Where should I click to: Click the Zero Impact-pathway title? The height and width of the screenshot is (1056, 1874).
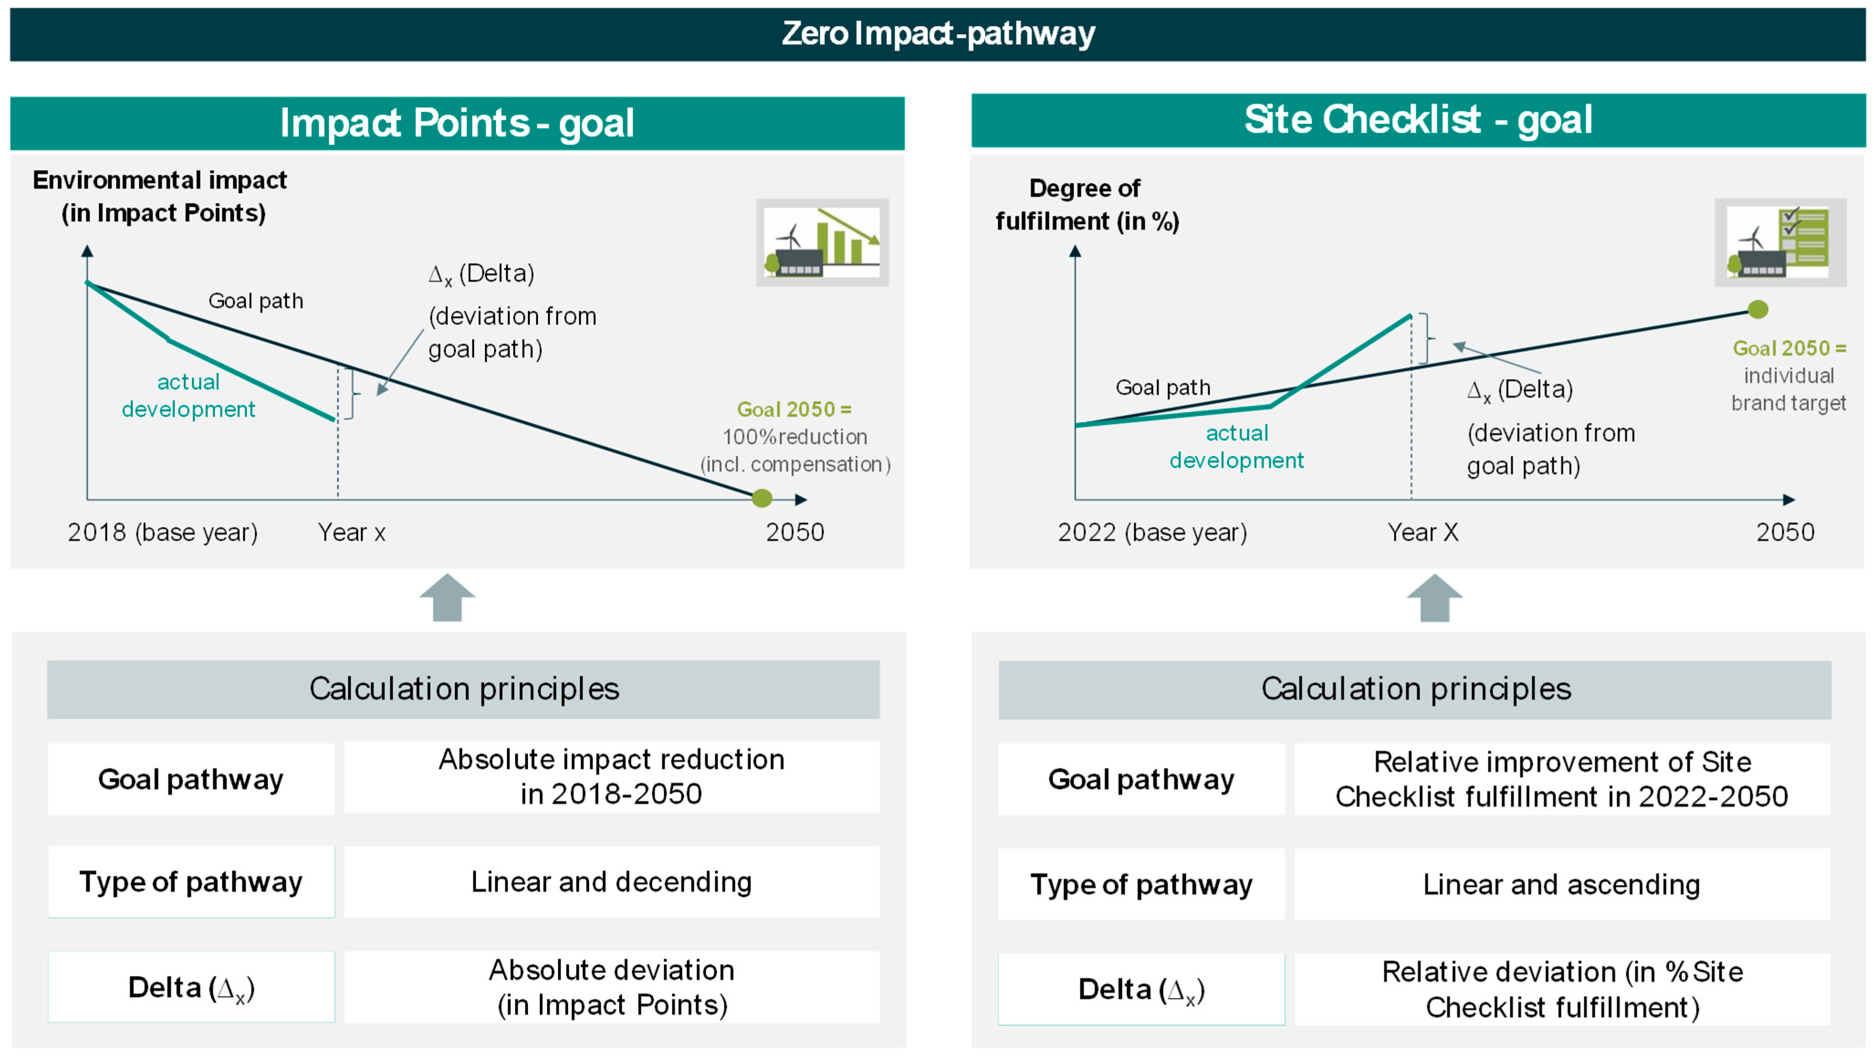[x=937, y=33]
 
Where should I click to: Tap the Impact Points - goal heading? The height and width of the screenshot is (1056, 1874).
[x=457, y=123]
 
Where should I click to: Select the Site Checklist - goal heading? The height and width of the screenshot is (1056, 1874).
[x=1417, y=120]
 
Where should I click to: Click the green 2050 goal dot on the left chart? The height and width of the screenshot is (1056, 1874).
[x=762, y=499]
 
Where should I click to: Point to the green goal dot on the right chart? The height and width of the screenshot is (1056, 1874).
[x=1758, y=310]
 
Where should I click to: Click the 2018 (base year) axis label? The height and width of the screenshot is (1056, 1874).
[x=162, y=533]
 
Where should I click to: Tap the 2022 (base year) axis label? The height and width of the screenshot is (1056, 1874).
[x=1152, y=533]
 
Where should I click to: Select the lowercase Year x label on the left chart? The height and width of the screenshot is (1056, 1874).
[x=351, y=533]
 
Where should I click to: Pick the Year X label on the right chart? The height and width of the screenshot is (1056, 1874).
[x=1422, y=533]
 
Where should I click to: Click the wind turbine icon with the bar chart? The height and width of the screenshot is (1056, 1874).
[x=822, y=242]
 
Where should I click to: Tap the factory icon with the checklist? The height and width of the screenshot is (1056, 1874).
[x=1780, y=242]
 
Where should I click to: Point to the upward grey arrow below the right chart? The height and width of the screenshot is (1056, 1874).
[x=1435, y=598]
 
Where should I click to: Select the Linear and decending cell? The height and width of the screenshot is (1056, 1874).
[x=611, y=882]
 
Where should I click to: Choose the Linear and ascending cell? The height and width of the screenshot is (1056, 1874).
[x=1561, y=884]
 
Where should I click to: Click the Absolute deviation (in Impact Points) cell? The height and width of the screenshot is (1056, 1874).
[x=611, y=988]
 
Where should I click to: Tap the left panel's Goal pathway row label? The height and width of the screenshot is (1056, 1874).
[x=191, y=779]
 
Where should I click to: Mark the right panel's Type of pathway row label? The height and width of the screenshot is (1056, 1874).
[x=1141, y=884]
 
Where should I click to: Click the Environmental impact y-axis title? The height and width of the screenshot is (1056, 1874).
[x=160, y=196]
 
